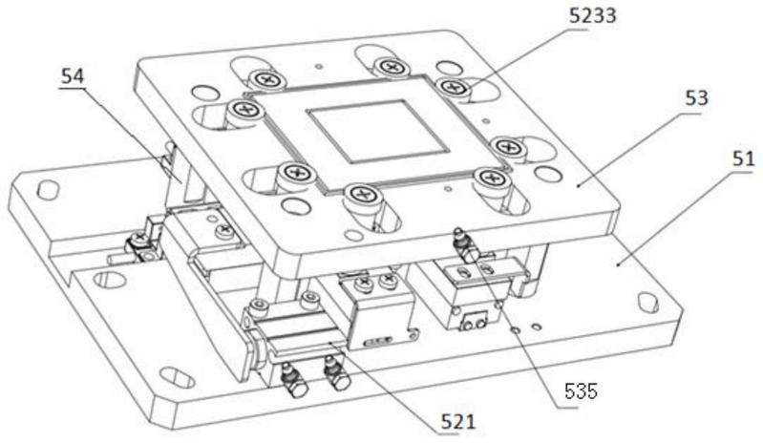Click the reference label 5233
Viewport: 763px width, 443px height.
coord(593,15)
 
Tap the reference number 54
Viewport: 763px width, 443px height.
coord(72,76)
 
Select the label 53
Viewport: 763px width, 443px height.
coord(696,98)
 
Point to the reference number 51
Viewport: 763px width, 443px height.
coord(743,159)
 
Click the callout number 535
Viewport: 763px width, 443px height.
coord(581,390)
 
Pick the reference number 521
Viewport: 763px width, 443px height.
coord(458,422)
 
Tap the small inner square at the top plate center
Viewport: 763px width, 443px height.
coord(377,132)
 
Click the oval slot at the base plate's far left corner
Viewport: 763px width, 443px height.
coord(48,189)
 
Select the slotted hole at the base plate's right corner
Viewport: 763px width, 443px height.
coord(647,302)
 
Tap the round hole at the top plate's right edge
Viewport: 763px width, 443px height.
coord(547,174)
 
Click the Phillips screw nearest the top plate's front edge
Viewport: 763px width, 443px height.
coord(362,196)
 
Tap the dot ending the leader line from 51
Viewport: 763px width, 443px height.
coord(619,264)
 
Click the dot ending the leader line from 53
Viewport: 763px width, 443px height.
coord(578,185)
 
